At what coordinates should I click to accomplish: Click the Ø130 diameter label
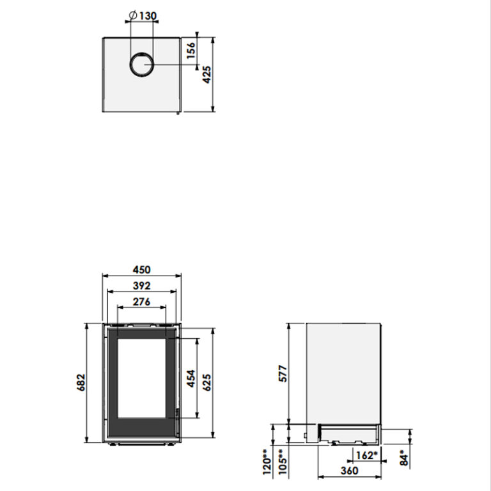143,15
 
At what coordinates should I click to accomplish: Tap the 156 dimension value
191,50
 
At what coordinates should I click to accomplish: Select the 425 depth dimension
207,75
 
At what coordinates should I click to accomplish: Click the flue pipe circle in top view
141,65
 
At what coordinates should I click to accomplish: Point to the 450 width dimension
141,269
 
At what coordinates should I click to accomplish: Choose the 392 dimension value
141,286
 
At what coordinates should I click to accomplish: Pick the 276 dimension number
141,302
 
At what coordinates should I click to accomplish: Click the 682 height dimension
81,382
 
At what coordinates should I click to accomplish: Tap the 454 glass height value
191,378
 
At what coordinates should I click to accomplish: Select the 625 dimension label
207,382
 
